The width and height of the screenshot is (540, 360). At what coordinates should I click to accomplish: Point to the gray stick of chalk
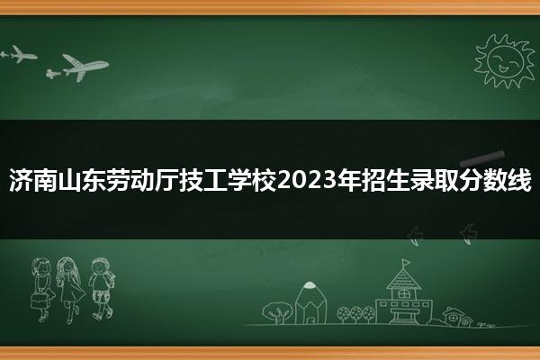pos(482,158)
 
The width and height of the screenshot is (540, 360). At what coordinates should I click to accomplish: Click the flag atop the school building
pos(406,263)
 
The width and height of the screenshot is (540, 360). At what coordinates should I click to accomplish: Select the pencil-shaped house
pos(310,302)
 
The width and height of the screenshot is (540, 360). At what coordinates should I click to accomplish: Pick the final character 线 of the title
pos(518,180)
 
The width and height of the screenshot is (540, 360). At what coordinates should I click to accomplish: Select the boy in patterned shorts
pos(102,289)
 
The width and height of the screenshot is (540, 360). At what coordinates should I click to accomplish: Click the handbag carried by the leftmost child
pos(39,301)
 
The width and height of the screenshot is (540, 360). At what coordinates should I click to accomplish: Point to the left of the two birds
pos(415,236)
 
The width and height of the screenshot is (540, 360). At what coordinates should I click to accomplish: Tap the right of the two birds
pos(469,234)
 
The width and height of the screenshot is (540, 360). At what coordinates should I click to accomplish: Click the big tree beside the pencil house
pos(277,312)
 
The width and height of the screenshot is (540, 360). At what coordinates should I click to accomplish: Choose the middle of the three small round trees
pos(356,314)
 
